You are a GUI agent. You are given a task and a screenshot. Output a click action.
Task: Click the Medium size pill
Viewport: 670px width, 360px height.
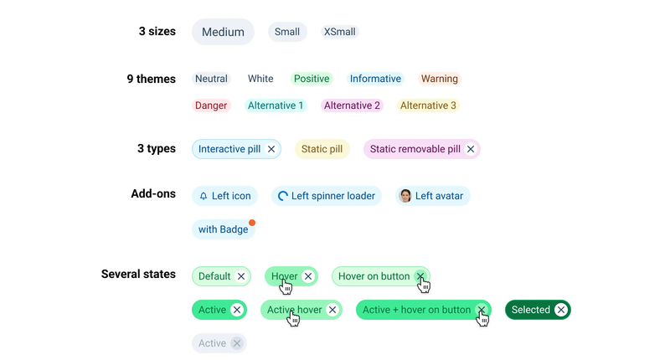point(223,32)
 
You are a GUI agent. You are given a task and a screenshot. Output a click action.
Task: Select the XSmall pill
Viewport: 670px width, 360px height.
point(340,32)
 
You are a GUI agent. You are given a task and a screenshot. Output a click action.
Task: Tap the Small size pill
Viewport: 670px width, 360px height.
point(287,32)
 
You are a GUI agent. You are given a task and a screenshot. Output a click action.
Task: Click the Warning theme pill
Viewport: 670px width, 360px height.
point(439,79)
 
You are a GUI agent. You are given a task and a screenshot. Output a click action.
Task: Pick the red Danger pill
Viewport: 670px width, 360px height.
point(211,105)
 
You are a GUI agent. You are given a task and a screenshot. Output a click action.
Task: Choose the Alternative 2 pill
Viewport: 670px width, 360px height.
point(352,105)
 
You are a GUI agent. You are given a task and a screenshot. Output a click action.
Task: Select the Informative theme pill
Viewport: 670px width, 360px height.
point(375,79)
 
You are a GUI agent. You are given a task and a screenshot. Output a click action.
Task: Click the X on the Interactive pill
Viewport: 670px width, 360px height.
point(271,149)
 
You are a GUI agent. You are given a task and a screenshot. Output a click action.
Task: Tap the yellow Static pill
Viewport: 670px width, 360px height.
point(322,149)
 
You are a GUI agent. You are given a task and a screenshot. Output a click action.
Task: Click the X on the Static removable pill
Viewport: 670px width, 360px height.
point(471,149)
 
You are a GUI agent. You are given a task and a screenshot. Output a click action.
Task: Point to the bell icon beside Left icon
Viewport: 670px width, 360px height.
point(204,196)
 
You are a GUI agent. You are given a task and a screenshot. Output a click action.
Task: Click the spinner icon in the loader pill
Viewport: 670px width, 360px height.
point(282,196)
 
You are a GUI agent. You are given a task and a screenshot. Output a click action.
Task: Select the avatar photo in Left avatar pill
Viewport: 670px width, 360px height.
point(405,196)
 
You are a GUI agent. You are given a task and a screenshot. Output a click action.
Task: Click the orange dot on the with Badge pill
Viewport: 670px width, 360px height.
point(252,223)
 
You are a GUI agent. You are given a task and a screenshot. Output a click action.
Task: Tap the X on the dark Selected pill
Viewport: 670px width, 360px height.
point(561,310)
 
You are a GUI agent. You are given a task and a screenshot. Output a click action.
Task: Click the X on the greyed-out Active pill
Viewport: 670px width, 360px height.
point(237,343)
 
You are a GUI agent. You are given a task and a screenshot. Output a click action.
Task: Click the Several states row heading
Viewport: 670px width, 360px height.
point(138,274)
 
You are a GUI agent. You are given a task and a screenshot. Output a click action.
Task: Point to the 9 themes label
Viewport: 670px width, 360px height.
point(152,79)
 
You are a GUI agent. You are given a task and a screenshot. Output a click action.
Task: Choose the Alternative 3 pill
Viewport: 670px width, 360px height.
point(428,105)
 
